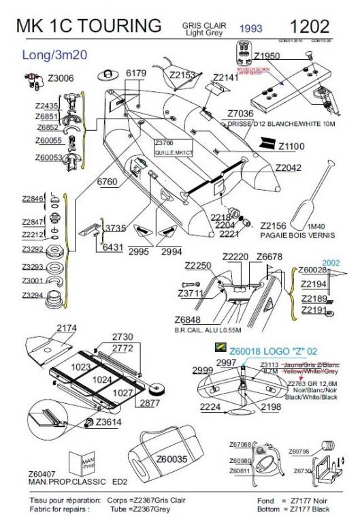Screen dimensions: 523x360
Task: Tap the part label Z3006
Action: pyautogui.click(x=60, y=79)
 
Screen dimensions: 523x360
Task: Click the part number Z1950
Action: pyautogui.click(x=267, y=55)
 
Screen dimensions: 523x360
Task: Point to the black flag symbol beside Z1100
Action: pyautogui.click(x=266, y=145)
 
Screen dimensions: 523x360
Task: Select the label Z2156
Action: pyautogui.click(x=274, y=225)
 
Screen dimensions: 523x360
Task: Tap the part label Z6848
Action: pyautogui.click(x=187, y=319)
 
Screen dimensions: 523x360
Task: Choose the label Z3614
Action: pyautogui.click(x=108, y=422)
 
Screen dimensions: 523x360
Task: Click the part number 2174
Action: pyautogui.click(x=66, y=328)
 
